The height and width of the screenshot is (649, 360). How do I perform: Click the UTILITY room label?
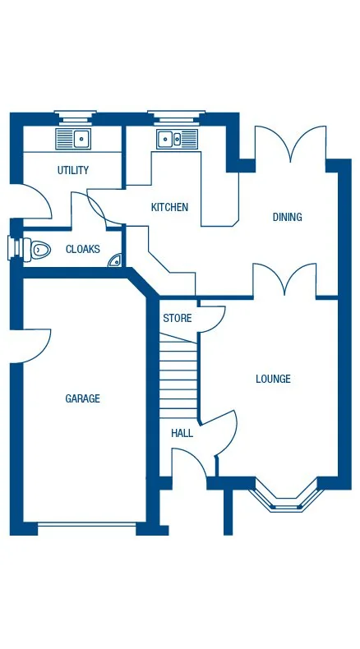pyautogui.click(x=73, y=171)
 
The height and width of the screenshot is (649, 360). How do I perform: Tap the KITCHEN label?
pyautogui.click(x=169, y=208)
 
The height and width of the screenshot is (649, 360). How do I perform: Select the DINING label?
pyautogui.click(x=287, y=218)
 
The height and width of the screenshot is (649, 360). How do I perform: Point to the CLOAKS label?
pyautogui.click(x=83, y=250)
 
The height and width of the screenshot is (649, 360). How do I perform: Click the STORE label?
pyautogui.click(x=177, y=319)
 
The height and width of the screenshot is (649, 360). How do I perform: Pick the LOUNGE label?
pyautogui.click(x=273, y=380)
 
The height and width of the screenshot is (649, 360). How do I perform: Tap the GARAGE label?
pyautogui.click(x=82, y=399)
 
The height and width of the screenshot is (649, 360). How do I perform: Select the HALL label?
pyautogui.click(x=182, y=433)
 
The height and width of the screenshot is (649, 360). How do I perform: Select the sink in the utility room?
pyautogui.click(x=74, y=138)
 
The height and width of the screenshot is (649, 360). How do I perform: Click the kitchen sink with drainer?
pyautogui.click(x=178, y=139)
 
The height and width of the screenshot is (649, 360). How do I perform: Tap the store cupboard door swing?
pyautogui.click(x=210, y=319)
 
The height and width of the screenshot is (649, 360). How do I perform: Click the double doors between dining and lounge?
pyautogui.click(x=285, y=279)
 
